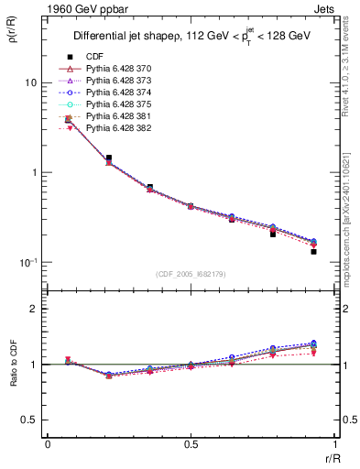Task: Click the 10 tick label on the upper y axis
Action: tap(30, 82)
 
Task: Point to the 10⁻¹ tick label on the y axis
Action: tap(28, 262)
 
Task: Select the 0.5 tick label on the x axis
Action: tap(191, 444)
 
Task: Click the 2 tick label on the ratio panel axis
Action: tap(33, 309)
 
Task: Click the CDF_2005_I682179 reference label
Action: tap(191, 274)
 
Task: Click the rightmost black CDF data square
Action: tap(313, 251)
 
